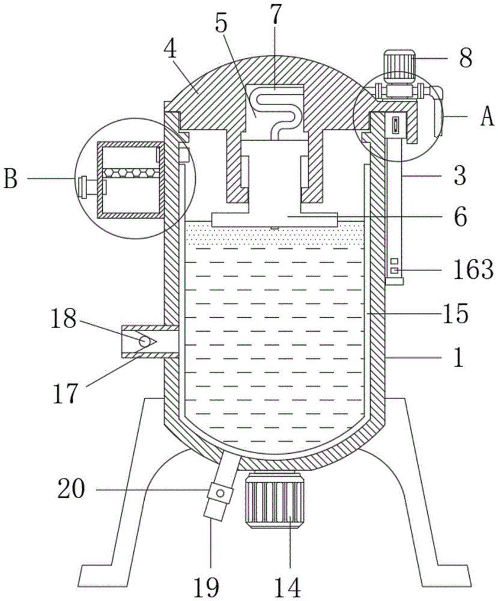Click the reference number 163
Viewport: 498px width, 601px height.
point(473,269)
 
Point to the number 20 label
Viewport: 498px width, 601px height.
point(71,489)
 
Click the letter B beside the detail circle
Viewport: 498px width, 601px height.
point(10,178)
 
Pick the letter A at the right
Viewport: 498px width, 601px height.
point(487,116)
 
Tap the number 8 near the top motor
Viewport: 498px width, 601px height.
point(465,58)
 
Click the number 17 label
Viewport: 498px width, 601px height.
point(65,394)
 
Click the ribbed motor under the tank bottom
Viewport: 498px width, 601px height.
point(275,500)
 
